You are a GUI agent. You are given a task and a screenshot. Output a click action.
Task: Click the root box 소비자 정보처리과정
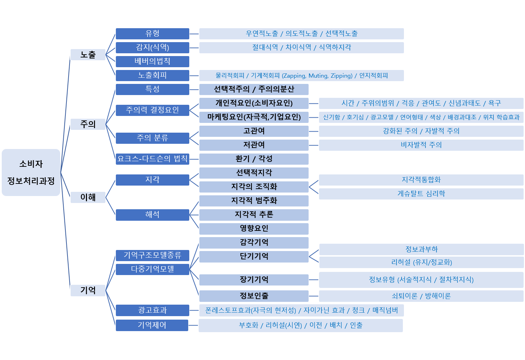(31, 172)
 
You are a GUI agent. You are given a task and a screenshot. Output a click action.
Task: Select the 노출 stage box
(88, 55)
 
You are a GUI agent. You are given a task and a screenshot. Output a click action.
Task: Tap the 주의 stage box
(88, 124)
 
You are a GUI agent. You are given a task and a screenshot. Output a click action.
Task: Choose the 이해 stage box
(88, 197)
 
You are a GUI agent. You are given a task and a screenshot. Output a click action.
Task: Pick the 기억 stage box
(88, 290)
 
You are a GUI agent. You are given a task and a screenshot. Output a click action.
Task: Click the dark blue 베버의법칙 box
(152, 61)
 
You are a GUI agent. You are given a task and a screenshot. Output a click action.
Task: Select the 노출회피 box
(152, 76)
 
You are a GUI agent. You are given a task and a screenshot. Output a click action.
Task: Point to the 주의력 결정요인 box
(152, 110)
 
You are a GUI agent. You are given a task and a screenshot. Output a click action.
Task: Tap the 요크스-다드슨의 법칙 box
(152, 159)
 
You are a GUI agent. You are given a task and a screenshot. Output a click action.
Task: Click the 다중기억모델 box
(152, 269)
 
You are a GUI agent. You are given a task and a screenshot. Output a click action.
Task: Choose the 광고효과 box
(152, 310)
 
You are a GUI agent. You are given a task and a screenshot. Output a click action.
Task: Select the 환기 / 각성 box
(254, 159)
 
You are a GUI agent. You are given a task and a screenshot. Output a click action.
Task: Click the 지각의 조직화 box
(254, 187)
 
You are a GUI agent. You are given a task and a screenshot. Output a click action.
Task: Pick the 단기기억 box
(254, 257)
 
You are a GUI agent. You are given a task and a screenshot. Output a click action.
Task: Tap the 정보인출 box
(254, 296)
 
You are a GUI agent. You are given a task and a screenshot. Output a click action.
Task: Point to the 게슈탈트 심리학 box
(421, 194)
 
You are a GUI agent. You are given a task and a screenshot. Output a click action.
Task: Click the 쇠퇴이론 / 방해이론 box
(421, 296)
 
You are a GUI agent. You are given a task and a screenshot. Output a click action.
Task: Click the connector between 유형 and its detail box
(194, 34)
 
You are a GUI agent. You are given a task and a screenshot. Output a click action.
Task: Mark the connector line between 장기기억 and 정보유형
(313, 280)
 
